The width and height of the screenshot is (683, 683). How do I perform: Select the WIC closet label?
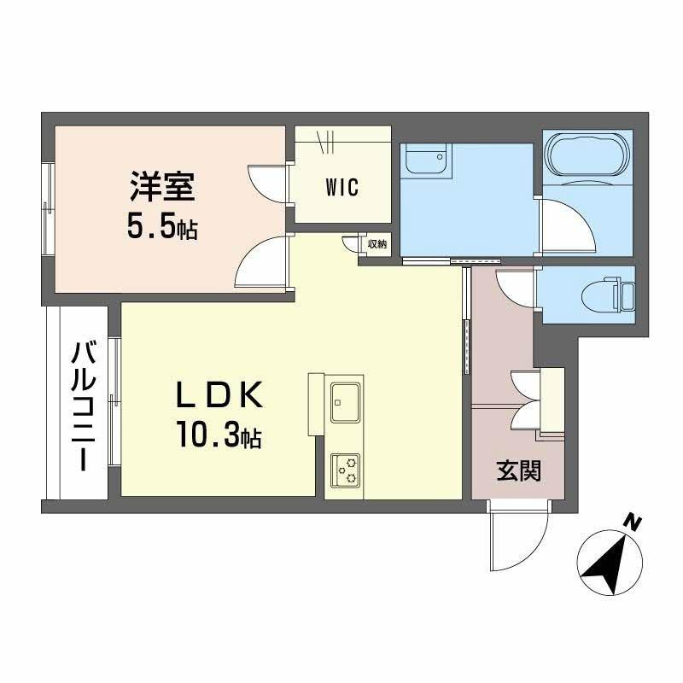pos(341,188)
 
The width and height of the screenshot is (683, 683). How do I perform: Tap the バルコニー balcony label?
pos(83,406)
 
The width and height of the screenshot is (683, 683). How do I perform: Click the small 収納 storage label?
pos(377,244)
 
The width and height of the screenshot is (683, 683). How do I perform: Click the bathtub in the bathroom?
pos(587,155)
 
